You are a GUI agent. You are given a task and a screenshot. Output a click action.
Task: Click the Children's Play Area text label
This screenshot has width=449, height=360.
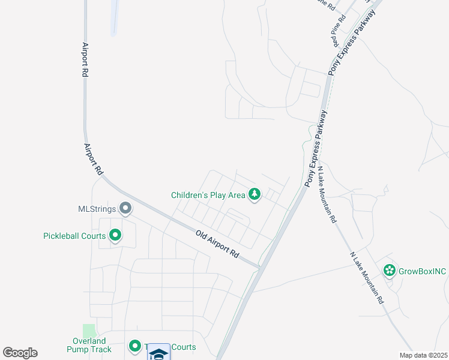(x=208, y=195)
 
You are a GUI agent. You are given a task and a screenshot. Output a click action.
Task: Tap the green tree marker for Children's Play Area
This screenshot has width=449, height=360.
(x=255, y=194)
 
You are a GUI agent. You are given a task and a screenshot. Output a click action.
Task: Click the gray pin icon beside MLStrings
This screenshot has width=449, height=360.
(x=125, y=208)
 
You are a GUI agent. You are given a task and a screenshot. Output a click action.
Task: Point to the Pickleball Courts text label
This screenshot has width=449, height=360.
(x=74, y=236)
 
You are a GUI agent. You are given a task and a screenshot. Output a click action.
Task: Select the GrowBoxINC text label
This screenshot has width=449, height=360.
(x=423, y=271)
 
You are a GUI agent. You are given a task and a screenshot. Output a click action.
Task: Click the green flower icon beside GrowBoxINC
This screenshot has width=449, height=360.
(x=390, y=271)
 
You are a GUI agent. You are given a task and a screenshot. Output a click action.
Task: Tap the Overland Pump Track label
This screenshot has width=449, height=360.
(x=88, y=345)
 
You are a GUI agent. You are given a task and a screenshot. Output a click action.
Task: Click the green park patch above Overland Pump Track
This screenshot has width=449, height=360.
(x=89, y=330)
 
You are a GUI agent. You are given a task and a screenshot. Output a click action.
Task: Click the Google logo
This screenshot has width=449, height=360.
(x=20, y=353)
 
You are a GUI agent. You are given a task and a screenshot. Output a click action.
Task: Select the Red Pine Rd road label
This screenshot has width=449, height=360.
(x=339, y=31)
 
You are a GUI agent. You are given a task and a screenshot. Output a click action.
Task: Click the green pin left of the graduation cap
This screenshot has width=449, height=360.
(x=135, y=347)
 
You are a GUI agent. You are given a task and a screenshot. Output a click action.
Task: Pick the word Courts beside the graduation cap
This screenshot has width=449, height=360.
(x=183, y=347)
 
